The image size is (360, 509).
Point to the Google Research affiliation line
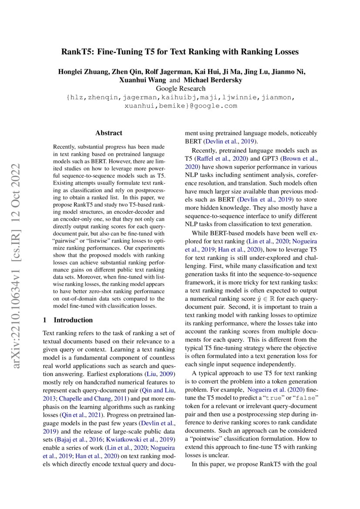tap(180, 89)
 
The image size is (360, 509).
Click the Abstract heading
tap(109, 133)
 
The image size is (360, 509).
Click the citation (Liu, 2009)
tap(159, 374)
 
